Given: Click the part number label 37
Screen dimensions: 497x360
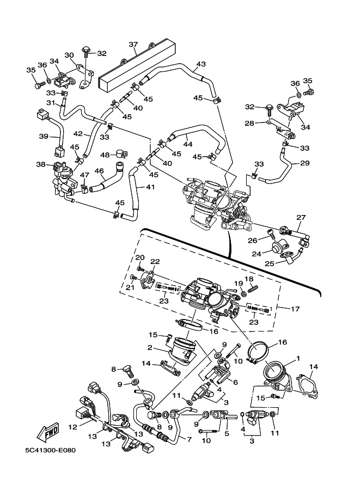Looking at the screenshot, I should (x=133, y=44).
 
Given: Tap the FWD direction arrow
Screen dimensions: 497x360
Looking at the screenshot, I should (x=47, y=432).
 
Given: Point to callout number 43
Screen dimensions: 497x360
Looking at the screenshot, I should (x=201, y=65).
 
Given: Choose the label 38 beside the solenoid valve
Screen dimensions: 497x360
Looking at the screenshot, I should (x=41, y=164).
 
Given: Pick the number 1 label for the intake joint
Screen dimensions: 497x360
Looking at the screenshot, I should (x=298, y=360).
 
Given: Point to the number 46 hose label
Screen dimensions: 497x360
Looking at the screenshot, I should (x=99, y=171).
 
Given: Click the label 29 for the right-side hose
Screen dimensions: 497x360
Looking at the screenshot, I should (x=304, y=163).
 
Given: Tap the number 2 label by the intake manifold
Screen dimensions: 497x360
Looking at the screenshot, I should (x=148, y=347).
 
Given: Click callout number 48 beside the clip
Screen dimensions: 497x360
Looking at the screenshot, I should (x=105, y=155).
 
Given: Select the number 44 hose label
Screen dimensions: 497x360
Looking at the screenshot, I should (x=188, y=144).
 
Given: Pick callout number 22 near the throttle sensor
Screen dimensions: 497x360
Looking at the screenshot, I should (x=156, y=262).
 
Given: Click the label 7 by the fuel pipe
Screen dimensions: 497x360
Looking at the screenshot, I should (x=188, y=439).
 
